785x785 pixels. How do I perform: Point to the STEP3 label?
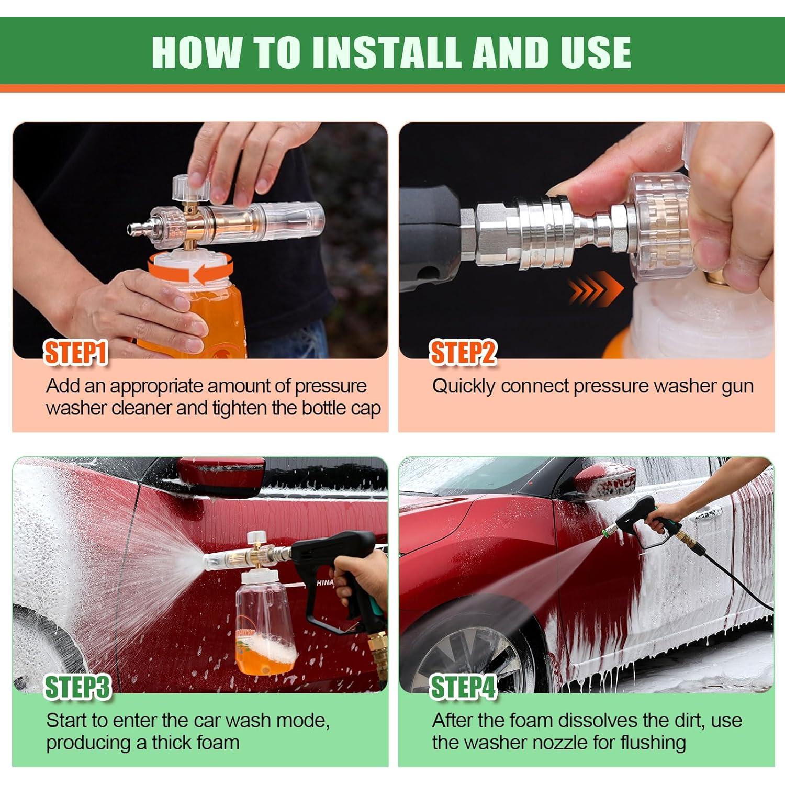point(77,687)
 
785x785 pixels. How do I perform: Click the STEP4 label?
point(463,687)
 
